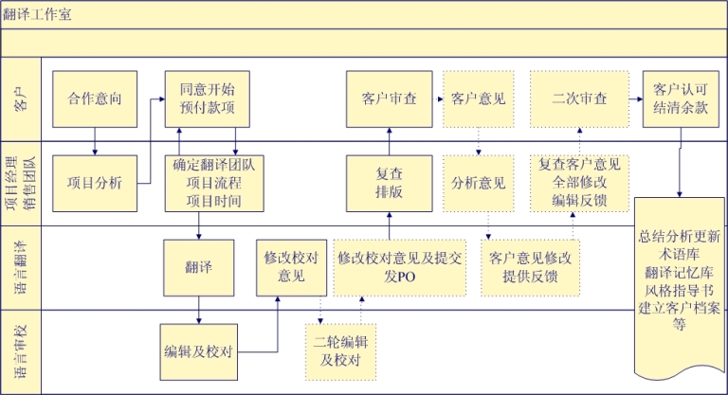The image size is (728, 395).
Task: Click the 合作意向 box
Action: click(x=95, y=99)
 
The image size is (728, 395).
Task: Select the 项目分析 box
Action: click(x=95, y=183)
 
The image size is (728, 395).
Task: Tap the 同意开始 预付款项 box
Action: click(x=200, y=99)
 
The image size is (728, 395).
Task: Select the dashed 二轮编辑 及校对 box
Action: click(x=340, y=350)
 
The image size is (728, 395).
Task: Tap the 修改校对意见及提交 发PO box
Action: click(x=399, y=267)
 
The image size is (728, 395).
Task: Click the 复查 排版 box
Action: click(x=390, y=183)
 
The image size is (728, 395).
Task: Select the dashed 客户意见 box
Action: click(x=478, y=99)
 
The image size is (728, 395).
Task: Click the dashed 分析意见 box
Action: click(x=478, y=183)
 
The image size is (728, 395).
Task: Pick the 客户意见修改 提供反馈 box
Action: click(x=531, y=267)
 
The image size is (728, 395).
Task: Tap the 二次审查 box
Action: click(x=580, y=99)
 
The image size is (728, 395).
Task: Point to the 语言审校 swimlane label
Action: click(x=21, y=351)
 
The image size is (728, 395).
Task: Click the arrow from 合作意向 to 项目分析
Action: click(x=95, y=140)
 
